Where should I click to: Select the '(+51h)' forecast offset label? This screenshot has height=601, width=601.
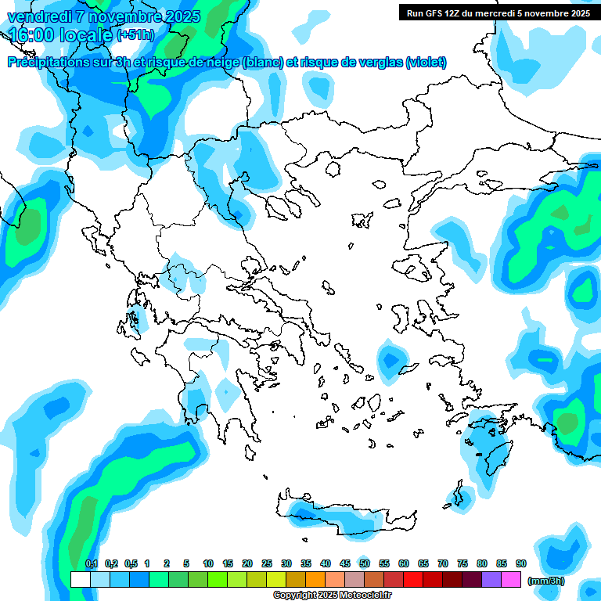pyautogui.click(x=135, y=35)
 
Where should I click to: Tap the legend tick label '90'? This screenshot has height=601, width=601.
pyautogui.click(x=521, y=563)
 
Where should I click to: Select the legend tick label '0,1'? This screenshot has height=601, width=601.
pyautogui.click(x=92, y=563)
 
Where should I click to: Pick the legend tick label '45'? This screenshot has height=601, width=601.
pyautogui.click(x=345, y=563)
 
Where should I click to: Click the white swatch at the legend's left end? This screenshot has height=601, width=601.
pyautogui.click(x=80, y=579)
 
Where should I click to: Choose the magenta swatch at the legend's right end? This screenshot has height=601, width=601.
pyautogui.click(x=512, y=579)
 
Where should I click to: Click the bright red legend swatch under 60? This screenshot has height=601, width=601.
pyautogui.click(x=413, y=579)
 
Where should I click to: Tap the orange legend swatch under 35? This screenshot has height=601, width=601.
pyautogui.click(x=315, y=579)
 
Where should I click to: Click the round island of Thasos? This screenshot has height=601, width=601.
pyautogui.click(x=334, y=169)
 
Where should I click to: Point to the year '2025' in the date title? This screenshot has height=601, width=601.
pyautogui.click(x=182, y=16)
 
